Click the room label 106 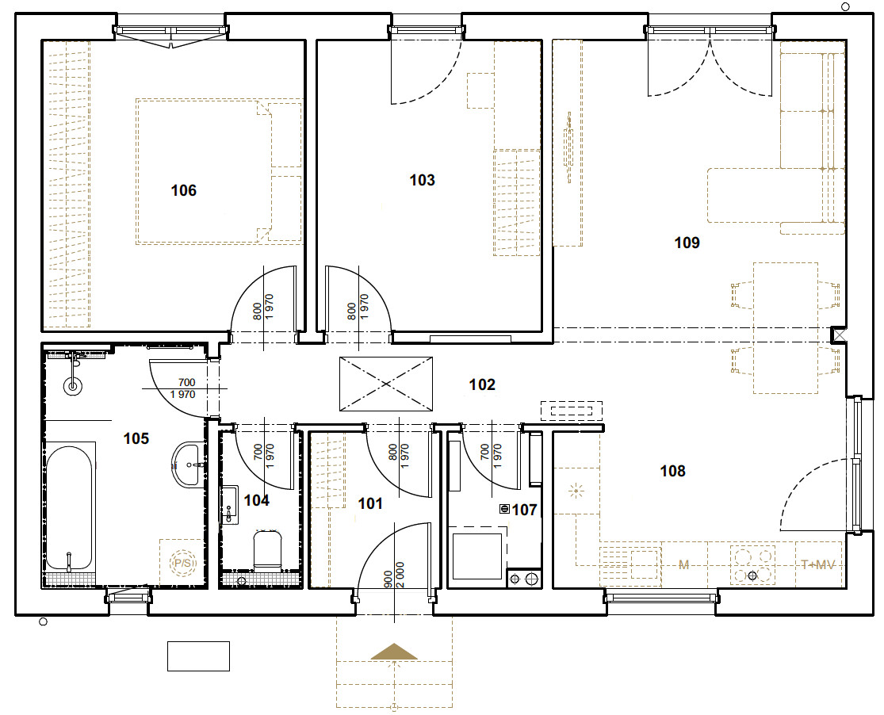(184, 190)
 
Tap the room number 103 (423, 181)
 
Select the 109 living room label (687, 243)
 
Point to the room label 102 (482, 384)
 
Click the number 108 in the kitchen (672, 471)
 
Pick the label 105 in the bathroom (136, 438)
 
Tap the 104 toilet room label (257, 500)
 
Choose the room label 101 (370, 503)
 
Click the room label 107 (524, 510)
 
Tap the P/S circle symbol (182, 563)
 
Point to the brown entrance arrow (394, 652)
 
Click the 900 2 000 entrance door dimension (394, 575)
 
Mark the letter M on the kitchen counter (684, 564)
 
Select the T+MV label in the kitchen (818, 564)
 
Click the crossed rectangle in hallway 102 (386, 384)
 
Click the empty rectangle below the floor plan (198, 656)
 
